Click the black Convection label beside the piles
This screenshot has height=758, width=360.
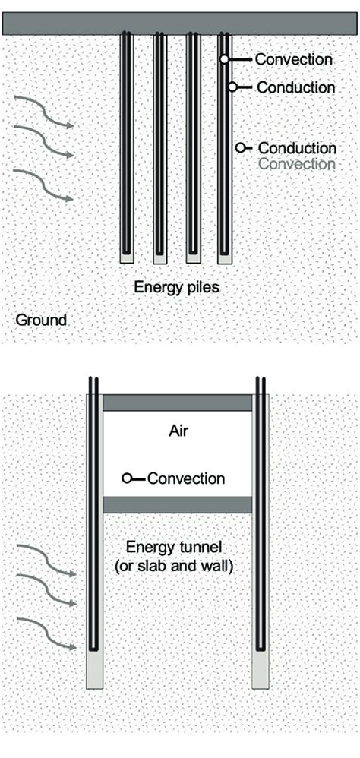[293, 59]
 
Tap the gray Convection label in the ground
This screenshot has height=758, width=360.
[297, 163]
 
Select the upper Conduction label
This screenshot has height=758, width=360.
[295, 87]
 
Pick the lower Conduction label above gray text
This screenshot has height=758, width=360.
[297, 148]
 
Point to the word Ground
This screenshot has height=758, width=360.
[41, 320]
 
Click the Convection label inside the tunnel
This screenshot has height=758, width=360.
[186, 478]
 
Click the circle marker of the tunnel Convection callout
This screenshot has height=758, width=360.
[128, 478]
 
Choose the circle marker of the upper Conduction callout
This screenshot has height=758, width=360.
[233, 87]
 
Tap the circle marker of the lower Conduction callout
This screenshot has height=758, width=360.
[241, 148]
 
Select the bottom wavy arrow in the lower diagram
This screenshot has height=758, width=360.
[45, 634]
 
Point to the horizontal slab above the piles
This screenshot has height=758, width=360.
[180, 23]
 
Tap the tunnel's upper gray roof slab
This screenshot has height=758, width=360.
[177, 403]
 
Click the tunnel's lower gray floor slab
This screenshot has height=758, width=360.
[177, 504]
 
